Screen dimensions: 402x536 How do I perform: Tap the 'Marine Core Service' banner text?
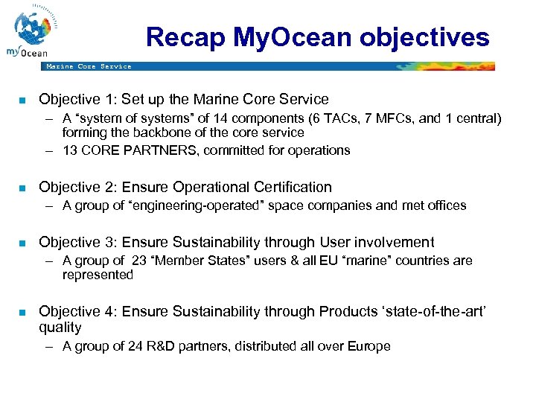coord(89,66)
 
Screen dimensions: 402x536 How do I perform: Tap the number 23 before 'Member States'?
coord(139,261)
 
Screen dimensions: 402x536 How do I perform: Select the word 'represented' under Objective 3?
coord(98,275)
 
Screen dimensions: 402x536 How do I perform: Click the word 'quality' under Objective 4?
coord(60,328)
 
